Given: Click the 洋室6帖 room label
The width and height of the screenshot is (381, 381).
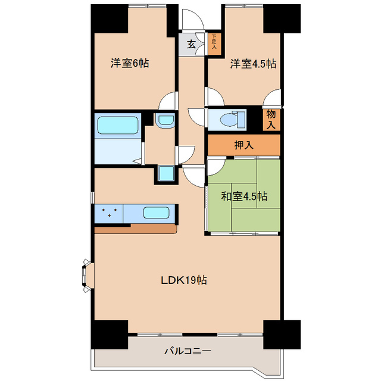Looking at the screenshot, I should pos(129,63).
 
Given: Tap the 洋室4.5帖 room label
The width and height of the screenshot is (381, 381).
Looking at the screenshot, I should pos(253,63).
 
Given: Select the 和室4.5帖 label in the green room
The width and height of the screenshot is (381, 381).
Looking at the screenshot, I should pos(245,196).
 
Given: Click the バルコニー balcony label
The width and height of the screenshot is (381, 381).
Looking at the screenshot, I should pos(188,352).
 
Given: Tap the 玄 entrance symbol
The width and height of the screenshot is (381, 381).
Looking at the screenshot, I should pos(191,44).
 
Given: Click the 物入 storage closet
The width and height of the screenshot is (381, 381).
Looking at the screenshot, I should pos(271,120).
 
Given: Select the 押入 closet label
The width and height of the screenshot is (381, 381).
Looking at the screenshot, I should pos(243,145).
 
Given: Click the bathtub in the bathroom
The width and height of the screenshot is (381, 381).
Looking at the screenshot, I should pos(117,126).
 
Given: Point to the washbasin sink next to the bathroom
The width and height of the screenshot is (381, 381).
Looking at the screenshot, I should pos(164,120).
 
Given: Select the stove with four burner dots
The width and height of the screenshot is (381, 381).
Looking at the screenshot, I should pos(108,213).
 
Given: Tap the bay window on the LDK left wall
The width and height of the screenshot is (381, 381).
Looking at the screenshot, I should pos(86,274).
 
